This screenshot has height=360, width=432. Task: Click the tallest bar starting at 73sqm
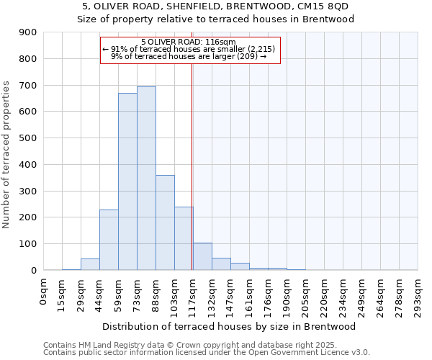click(x=146, y=179)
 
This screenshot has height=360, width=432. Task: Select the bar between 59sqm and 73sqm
click(x=127, y=181)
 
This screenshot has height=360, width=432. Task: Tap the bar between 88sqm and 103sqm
click(x=165, y=222)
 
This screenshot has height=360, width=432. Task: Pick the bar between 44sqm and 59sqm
click(x=109, y=240)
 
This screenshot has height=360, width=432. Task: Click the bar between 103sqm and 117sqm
click(x=184, y=238)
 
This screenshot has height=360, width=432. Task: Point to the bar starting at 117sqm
click(x=202, y=256)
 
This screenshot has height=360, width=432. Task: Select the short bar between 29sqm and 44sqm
click(x=90, y=264)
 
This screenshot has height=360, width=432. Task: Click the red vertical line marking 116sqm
click(x=192, y=180)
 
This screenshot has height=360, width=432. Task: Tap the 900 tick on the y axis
click(x=28, y=32)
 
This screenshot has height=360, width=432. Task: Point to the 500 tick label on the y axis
click(x=28, y=138)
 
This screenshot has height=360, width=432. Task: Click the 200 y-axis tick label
click(x=28, y=217)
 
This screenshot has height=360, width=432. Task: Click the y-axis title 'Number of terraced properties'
click(x=6, y=155)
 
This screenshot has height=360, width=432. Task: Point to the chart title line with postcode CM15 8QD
click(x=216, y=6)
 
